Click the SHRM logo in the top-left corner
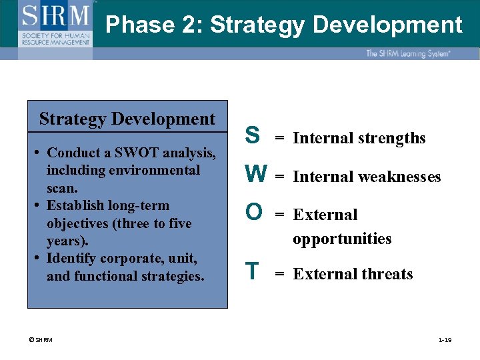[56, 23]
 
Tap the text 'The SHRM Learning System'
[407, 53]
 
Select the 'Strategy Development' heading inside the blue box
[127, 119]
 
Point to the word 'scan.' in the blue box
[63, 188]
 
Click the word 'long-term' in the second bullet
[138, 206]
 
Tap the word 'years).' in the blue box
[67, 241]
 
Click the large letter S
[252, 135]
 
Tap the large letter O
[253, 212]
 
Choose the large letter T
[251, 272]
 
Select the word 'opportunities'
[342, 239]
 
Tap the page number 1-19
[445, 341]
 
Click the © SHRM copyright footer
[40, 341]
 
